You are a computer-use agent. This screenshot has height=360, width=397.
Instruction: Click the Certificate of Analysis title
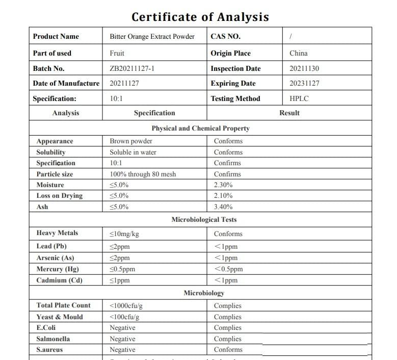click(x=200, y=17)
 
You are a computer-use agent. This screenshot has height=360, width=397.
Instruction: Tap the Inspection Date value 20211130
click(x=304, y=68)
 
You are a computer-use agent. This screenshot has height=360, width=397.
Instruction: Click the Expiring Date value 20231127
click(x=304, y=83)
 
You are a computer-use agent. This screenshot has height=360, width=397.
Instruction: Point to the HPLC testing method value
click(x=299, y=98)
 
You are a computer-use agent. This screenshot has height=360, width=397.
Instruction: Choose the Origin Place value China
click(x=298, y=53)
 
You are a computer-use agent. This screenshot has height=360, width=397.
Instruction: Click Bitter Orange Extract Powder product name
click(x=152, y=37)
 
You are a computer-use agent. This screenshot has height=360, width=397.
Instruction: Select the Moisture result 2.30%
click(x=223, y=185)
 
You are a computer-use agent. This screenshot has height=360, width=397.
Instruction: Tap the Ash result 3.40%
click(x=223, y=207)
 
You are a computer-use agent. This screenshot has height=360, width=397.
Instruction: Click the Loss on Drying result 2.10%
click(x=223, y=196)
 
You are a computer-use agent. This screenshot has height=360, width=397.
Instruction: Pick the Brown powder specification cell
click(x=131, y=141)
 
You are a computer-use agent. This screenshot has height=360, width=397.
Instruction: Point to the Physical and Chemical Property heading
click(x=200, y=128)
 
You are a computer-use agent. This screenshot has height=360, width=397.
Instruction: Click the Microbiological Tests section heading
click(x=204, y=220)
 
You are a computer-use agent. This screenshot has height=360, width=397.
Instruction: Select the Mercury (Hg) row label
click(x=58, y=269)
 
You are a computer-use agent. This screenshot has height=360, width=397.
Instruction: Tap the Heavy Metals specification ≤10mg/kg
click(x=124, y=234)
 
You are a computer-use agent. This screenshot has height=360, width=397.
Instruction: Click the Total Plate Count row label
click(x=63, y=305)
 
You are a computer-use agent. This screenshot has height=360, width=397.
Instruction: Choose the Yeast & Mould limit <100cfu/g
click(x=124, y=317)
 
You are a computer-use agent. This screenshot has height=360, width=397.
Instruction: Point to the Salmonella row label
click(x=53, y=339)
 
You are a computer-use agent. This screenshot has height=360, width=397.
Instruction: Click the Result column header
click(x=289, y=113)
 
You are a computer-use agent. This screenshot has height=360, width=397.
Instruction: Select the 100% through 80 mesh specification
click(x=143, y=174)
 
